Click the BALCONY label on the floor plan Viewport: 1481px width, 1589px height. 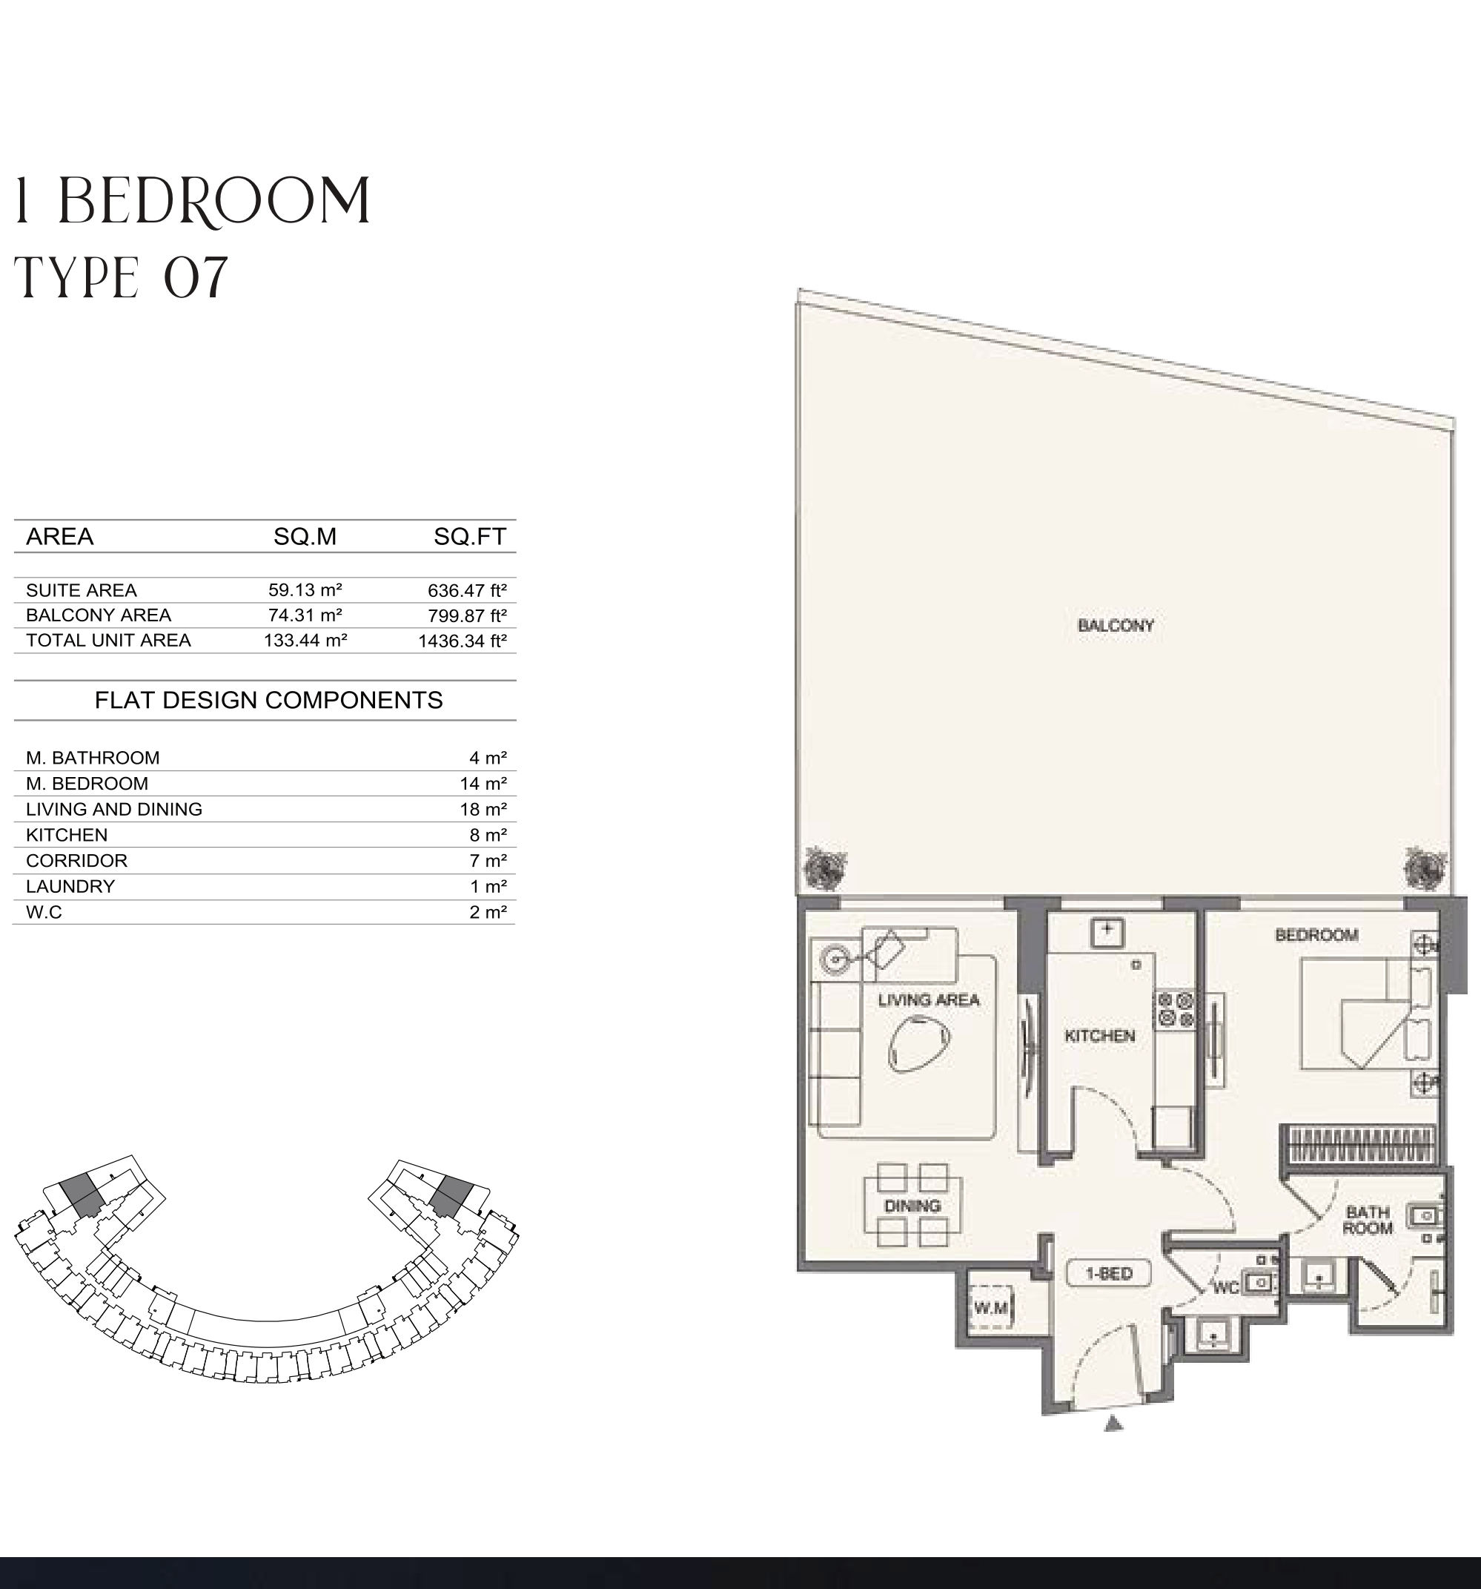1116,626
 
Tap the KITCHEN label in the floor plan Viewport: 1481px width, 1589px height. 1100,1036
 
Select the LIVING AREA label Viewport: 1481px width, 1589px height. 928,1000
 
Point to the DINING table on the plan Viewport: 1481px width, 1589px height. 912,1206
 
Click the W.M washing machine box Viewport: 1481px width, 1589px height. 991,1308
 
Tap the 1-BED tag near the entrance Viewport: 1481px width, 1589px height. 1110,1273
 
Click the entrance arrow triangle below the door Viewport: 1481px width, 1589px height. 1113,1424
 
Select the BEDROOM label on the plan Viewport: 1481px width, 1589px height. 1316,935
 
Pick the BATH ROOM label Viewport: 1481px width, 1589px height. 1368,1220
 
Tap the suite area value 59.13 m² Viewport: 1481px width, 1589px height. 305,590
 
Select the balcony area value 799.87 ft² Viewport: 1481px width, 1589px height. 468,615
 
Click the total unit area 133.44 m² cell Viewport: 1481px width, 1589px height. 305,640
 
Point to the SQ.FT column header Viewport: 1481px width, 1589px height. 470,536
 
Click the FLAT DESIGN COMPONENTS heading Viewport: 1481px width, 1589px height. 268,700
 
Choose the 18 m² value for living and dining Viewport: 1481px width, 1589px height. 483,809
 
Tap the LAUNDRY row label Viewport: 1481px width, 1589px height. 70,886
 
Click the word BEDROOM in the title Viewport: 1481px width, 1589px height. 214,202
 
